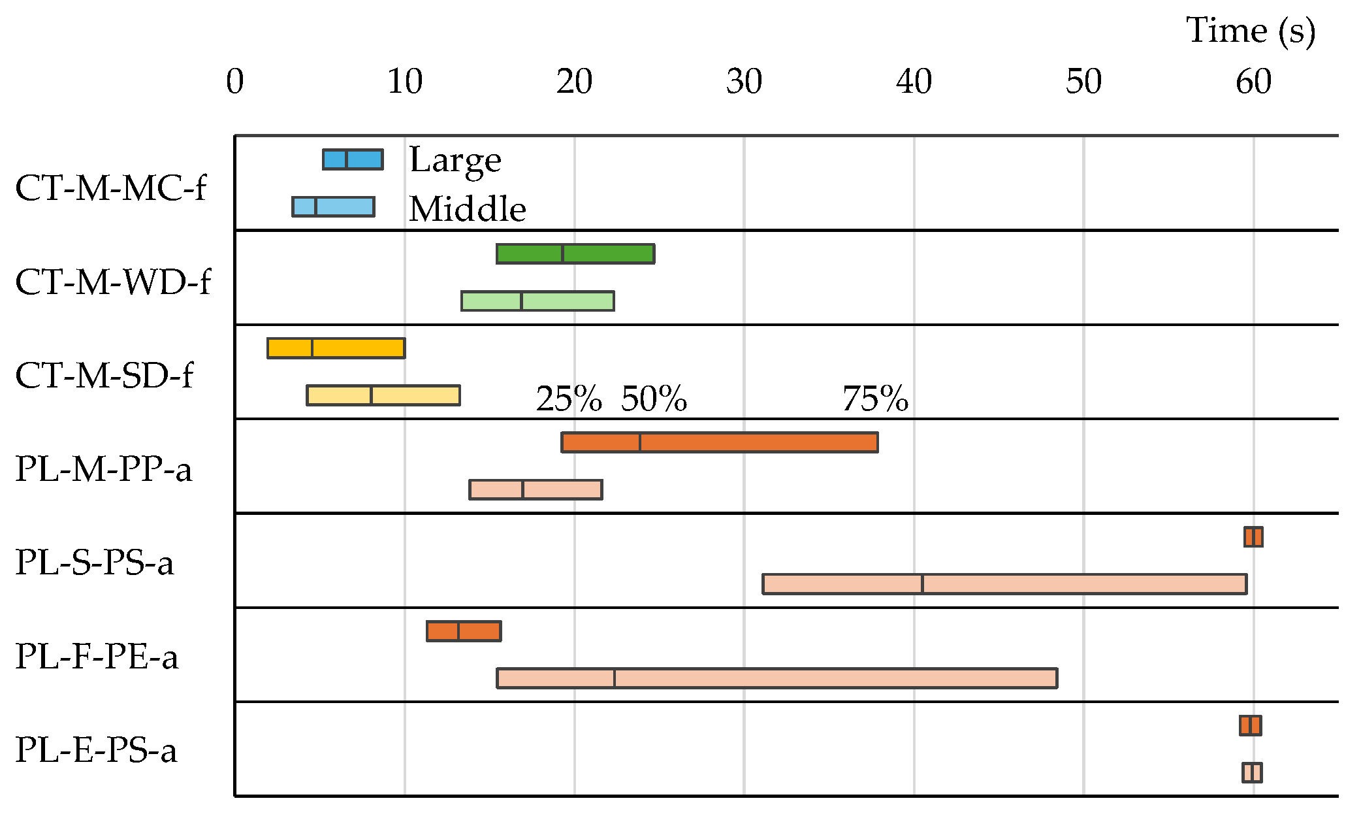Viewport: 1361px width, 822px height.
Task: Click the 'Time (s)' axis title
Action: (x=1250, y=31)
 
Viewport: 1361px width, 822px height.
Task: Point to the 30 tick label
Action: (x=744, y=82)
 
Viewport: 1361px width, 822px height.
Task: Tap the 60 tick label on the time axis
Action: (x=1253, y=82)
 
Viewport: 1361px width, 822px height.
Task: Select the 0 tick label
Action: (x=234, y=82)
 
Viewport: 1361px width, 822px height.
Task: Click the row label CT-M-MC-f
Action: (x=110, y=188)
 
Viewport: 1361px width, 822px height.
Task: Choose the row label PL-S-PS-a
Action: (x=95, y=563)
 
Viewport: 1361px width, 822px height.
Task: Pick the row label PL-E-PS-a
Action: (x=96, y=750)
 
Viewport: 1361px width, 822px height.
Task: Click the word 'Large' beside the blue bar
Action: (x=455, y=160)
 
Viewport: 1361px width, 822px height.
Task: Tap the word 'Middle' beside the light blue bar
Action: (x=468, y=209)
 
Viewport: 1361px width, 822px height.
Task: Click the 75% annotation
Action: (x=875, y=399)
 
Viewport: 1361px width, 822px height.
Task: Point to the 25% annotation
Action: (x=569, y=399)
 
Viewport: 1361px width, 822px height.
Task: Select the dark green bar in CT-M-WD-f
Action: (x=575, y=254)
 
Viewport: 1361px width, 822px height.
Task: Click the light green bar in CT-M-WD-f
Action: (x=537, y=301)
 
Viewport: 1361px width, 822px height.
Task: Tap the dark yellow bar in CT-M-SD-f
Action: (x=336, y=348)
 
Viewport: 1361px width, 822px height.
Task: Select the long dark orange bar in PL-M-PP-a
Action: (x=719, y=442)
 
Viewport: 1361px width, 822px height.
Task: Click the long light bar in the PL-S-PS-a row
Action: (x=1004, y=584)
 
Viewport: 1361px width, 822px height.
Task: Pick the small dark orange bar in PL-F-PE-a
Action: (x=464, y=631)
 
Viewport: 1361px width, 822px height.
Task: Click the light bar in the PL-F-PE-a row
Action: (x=777, y=678)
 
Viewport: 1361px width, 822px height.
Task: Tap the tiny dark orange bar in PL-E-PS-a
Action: (x=1251, y=725)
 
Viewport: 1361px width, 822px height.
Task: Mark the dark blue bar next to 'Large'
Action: (x=353, y=159)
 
